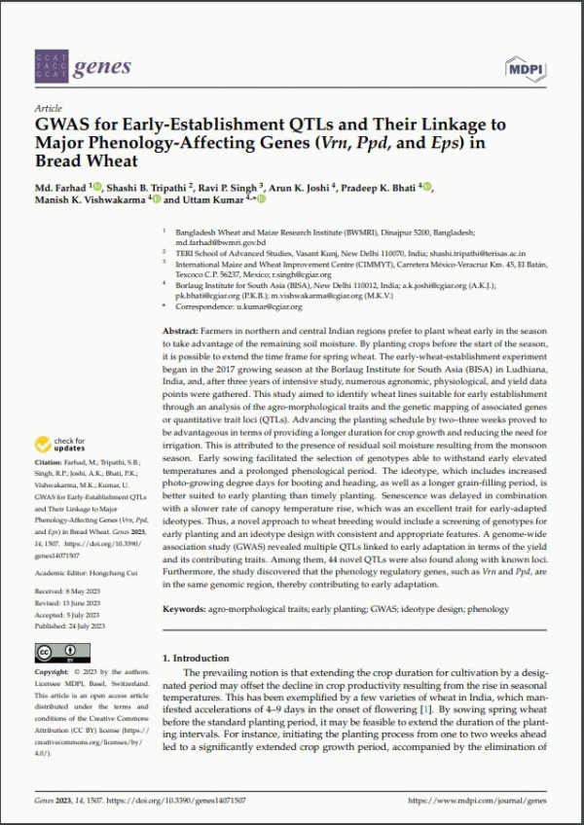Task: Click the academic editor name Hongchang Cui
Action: [x=113, y=573]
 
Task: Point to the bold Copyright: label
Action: [x=53, y=672]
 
